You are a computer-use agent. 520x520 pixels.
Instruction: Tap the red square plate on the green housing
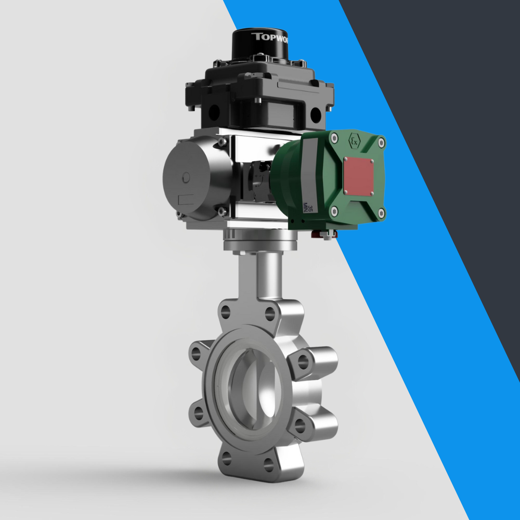(358, 174)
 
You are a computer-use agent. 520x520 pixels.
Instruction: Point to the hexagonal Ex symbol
(355, 141)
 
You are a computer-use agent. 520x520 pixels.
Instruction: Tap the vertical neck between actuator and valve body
(261, 276)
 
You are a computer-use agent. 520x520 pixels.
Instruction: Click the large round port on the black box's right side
(315, 113)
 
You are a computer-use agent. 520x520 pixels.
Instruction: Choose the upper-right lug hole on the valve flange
(303, 360)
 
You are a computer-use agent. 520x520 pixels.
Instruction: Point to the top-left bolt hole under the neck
(225, 312)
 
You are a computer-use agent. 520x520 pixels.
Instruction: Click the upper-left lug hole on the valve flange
(196, 354)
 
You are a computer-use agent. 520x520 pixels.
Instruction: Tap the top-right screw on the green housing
(382, 141)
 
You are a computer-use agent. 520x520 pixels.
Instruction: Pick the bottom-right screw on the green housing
(382, 212)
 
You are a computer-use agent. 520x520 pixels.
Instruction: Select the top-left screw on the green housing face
(334, 138)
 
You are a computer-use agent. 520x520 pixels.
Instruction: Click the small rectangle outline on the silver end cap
(186, 199)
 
